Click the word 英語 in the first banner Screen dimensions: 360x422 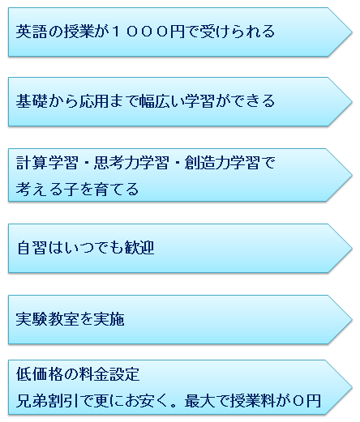coord(32,32)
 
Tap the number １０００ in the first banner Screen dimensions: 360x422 coord(139,32)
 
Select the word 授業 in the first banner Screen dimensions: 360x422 coord(79,32)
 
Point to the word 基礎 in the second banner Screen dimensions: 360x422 coord(32,101)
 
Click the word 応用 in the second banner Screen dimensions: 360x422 coord(93,101)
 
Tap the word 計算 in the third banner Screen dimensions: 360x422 coord(32,163)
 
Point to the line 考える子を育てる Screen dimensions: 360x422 coord(77,189)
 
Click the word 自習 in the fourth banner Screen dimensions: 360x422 coord(32,248)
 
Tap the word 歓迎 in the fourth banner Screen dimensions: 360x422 coord(139,248)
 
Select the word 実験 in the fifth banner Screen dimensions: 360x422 coord(32,319)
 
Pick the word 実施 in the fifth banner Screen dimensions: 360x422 coord(109,319)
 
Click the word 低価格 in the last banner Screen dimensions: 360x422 coord(40,374)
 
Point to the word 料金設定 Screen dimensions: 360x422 coord(109,374)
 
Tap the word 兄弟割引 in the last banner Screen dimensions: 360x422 coord(47,401)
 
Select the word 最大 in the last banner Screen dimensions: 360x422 coord(200,401)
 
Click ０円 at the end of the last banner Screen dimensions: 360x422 coord(306,401)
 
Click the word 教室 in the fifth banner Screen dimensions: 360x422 coord(62,319)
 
